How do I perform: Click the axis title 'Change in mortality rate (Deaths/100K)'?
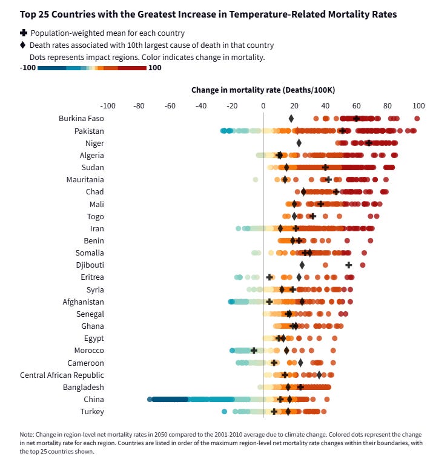click(x=263, y=90)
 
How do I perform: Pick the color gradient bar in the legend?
click(x=91, y=68)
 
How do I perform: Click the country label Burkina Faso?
click(x=81, y=119)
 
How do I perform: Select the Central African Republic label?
click(x=62, y=375)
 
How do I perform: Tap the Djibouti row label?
click(x=89, y=265)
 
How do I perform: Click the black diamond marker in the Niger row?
click(x=299, y=143)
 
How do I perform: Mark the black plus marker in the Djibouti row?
click(x=349, y=265)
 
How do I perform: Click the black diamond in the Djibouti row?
click(x=302, y=265)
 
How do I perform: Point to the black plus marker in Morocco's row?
click(x=254, y=351)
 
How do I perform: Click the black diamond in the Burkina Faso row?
click(x=291, y=119)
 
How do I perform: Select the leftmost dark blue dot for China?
click(x=150, y=400)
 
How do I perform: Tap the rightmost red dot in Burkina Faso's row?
click(x=417, y=119)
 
